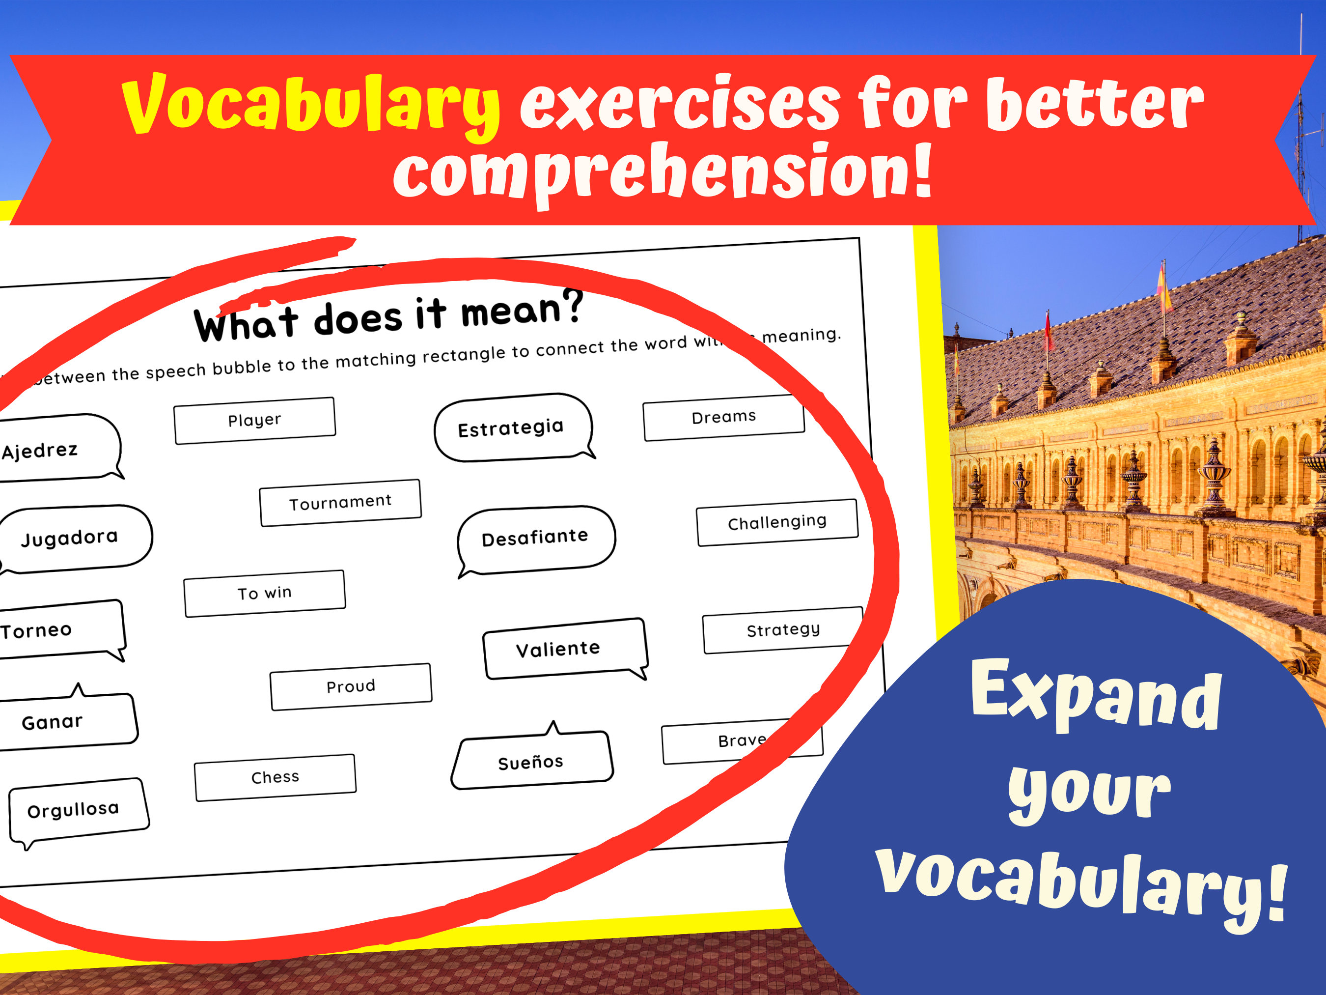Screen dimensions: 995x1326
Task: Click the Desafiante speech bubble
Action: pos(535,538)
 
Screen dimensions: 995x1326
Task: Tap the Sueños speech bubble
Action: pos(531,761)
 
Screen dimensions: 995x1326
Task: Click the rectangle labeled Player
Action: pos(255,421)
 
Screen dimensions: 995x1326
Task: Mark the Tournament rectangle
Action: pos(340,503)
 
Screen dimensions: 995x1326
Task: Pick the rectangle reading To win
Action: pos(264,593)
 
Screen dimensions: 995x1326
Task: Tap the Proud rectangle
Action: pos(351,686)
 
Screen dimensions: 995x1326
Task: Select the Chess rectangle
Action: pos(275,777)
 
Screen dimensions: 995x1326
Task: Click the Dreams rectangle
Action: pos(723,418)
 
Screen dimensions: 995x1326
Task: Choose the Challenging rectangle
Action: pos(777,522)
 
